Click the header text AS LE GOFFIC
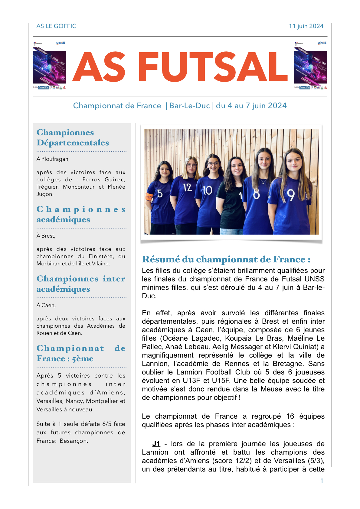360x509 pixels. [56, 26]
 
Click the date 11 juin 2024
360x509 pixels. [306, 26]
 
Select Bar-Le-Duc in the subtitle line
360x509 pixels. [189, 105]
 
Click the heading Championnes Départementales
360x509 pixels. [73, 138]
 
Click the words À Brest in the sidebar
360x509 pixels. [46, 236]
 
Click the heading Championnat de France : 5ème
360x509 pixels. [81, 353]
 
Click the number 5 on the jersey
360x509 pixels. [160, 193]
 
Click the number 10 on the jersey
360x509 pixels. [208, 190]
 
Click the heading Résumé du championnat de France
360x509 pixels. [226, 259]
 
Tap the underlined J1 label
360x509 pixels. [156, 444]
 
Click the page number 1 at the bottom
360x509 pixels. [322, 481]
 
